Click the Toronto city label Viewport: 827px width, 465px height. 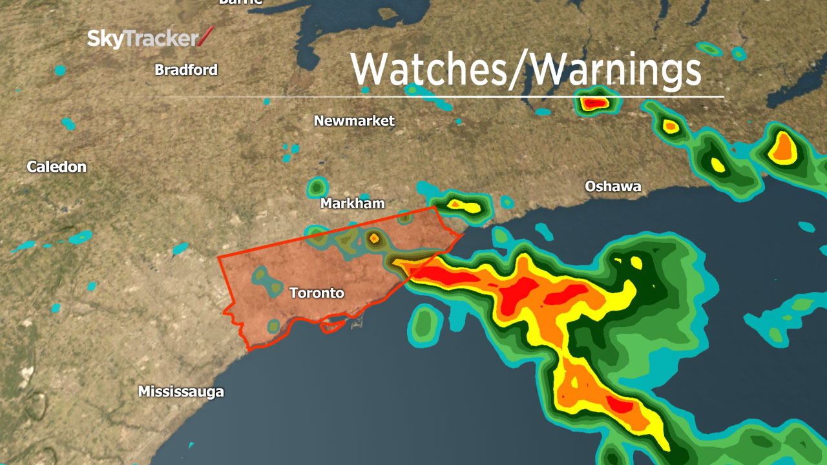[x=317, y=293]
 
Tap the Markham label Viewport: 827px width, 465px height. [x=352, y=203]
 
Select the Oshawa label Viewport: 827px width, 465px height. [x=612, y=187]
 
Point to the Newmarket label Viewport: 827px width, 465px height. [x=354, y=121]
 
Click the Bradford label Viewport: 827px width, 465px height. [x=186, y=70]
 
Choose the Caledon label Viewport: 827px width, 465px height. [x=56, y=167]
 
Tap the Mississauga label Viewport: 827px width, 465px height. [x=181, y=391]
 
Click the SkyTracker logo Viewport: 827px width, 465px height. [x=149, y=39]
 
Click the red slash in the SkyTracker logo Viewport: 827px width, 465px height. [x=205, y=37]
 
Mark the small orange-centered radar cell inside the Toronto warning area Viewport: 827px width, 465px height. [x=374, y=239]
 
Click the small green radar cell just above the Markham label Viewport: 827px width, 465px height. [x=316, y=187]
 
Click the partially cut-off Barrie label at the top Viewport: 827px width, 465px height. [x=240, y=2]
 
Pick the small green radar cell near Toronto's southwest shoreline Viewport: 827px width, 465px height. [x=274, y=325]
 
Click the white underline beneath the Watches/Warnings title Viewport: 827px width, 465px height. [x=439, y=97]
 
